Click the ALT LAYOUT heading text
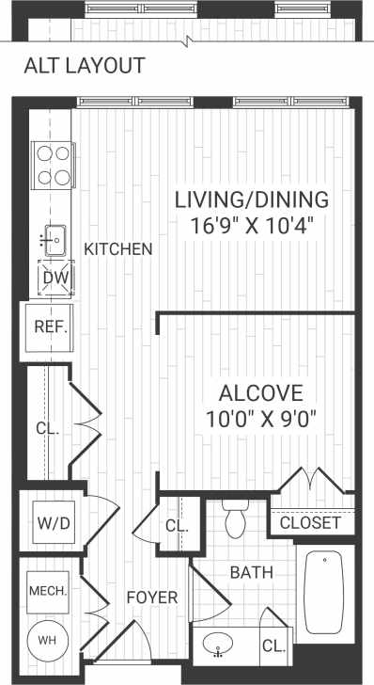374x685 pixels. click(84, 66)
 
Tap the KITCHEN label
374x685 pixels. click(118, 249)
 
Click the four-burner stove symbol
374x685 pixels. click(54, 164)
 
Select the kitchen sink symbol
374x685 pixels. click(53, 240)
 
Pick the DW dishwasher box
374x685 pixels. click(52, 278)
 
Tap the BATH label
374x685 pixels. click(251, 571)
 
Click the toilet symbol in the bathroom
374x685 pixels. click(235, 519)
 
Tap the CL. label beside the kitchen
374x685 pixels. click(48, 428)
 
